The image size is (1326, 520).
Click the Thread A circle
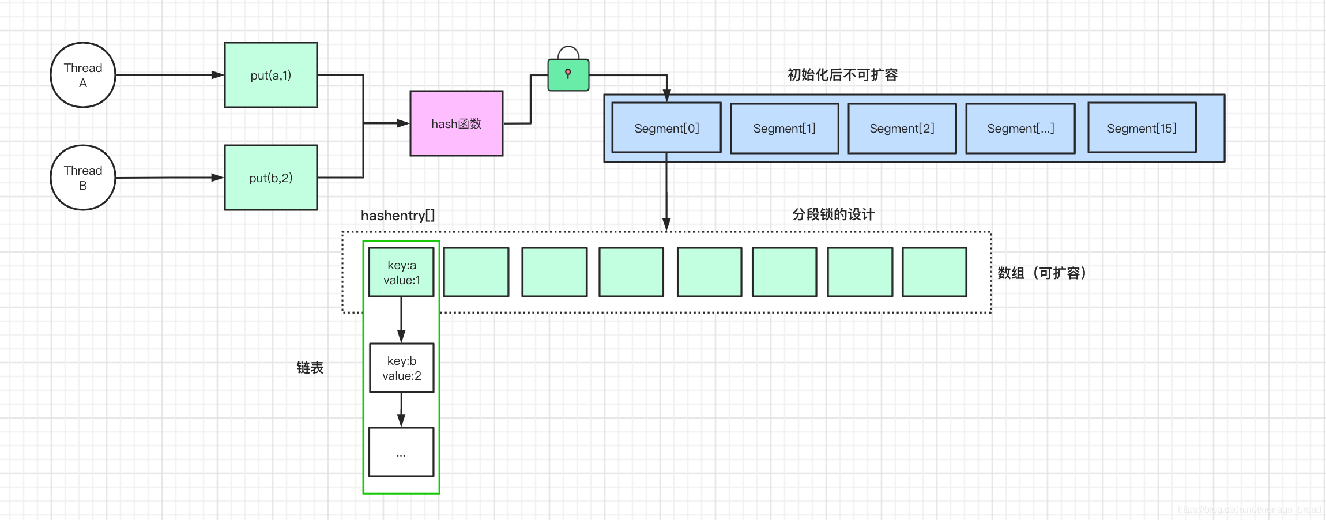[x=83, y=75]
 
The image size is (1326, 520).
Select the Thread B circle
[x=83, y=178]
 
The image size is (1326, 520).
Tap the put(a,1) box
[x=271, y=75]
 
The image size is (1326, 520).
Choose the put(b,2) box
[x=271, y=178]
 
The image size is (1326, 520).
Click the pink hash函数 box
[x=456, y=123]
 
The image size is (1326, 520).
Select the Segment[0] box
[x=666, y=128]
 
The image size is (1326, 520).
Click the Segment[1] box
[x=784, y=128]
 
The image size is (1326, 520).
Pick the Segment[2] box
[x=902, y=128]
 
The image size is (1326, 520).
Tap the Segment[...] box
[x=1020, y=128]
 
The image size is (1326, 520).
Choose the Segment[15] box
[x=1142, y=128]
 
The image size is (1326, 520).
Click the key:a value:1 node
[x=401, y=272]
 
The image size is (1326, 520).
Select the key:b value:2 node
[x=401, y=368]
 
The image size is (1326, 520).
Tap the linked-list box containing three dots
[x=401, y=452]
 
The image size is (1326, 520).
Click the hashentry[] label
[x=398, y=216]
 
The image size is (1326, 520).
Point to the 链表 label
[x=310, y=368]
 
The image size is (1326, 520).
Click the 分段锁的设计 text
[x=833, y=214]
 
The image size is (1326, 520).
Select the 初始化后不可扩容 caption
[x=842, y=75]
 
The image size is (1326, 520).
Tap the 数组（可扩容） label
[x=1042, y=273]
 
